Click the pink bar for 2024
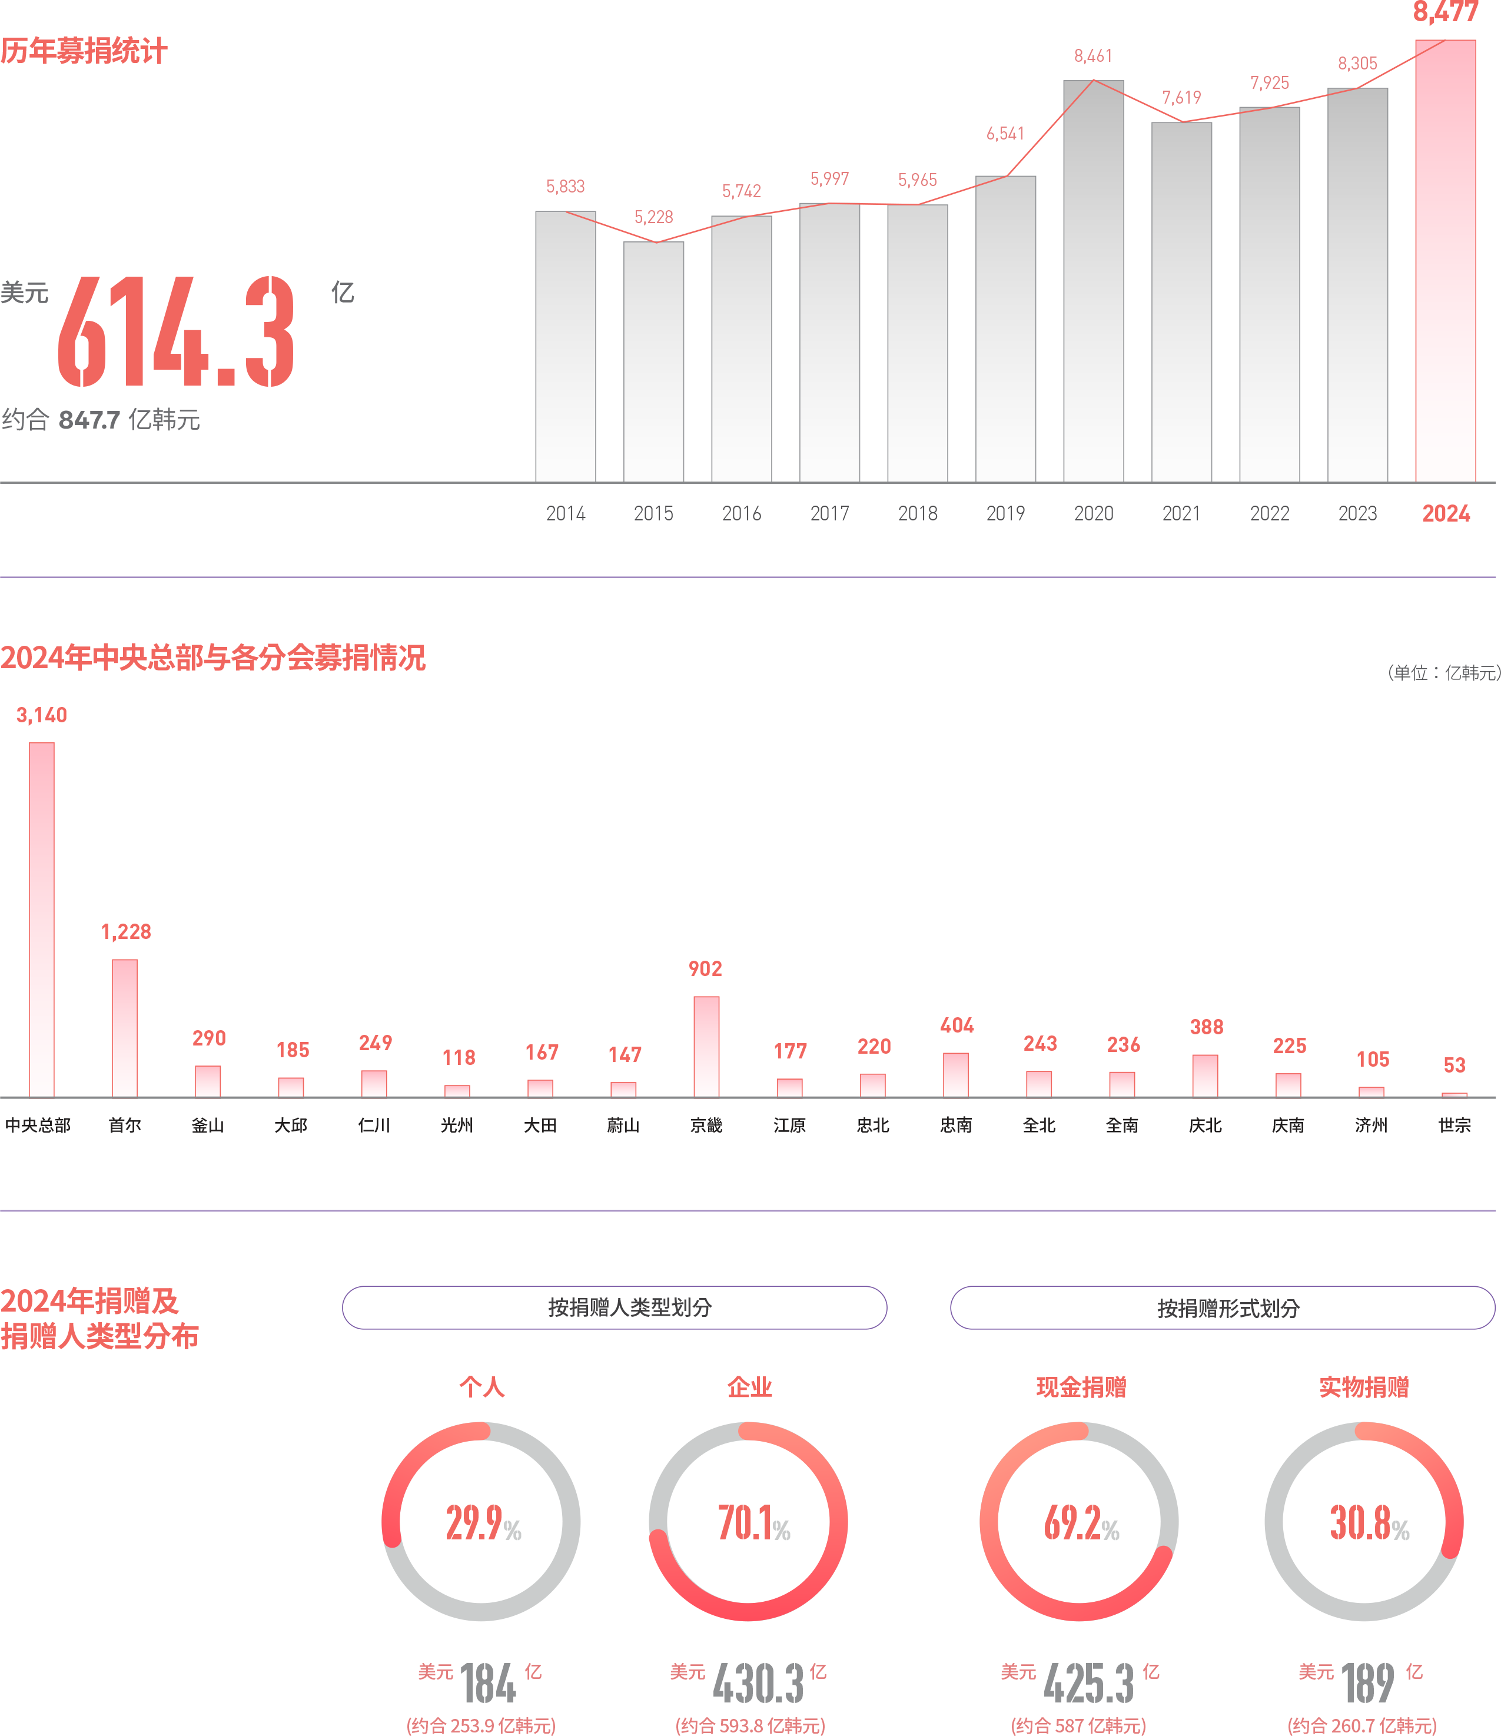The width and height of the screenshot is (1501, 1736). [1445, 261]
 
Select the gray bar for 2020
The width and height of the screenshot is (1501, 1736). [1093, 281]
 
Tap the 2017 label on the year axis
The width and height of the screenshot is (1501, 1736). [829, 513]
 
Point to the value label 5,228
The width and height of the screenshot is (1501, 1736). [653, 218]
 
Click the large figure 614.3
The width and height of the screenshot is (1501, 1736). [176, 333]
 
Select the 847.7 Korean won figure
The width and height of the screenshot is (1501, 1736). [89, 420]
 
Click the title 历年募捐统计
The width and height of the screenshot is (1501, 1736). [84, 52]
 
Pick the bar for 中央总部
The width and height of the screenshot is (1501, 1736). [42, 919]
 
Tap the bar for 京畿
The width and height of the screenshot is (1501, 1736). [706, 1045]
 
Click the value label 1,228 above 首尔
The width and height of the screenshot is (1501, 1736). [125, 932]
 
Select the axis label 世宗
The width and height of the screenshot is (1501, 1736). [1454, 1125]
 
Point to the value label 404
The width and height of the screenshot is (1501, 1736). [957, 1025]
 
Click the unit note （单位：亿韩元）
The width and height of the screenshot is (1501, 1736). [1442, 673]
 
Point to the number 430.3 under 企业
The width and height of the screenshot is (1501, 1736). [758, 1684]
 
